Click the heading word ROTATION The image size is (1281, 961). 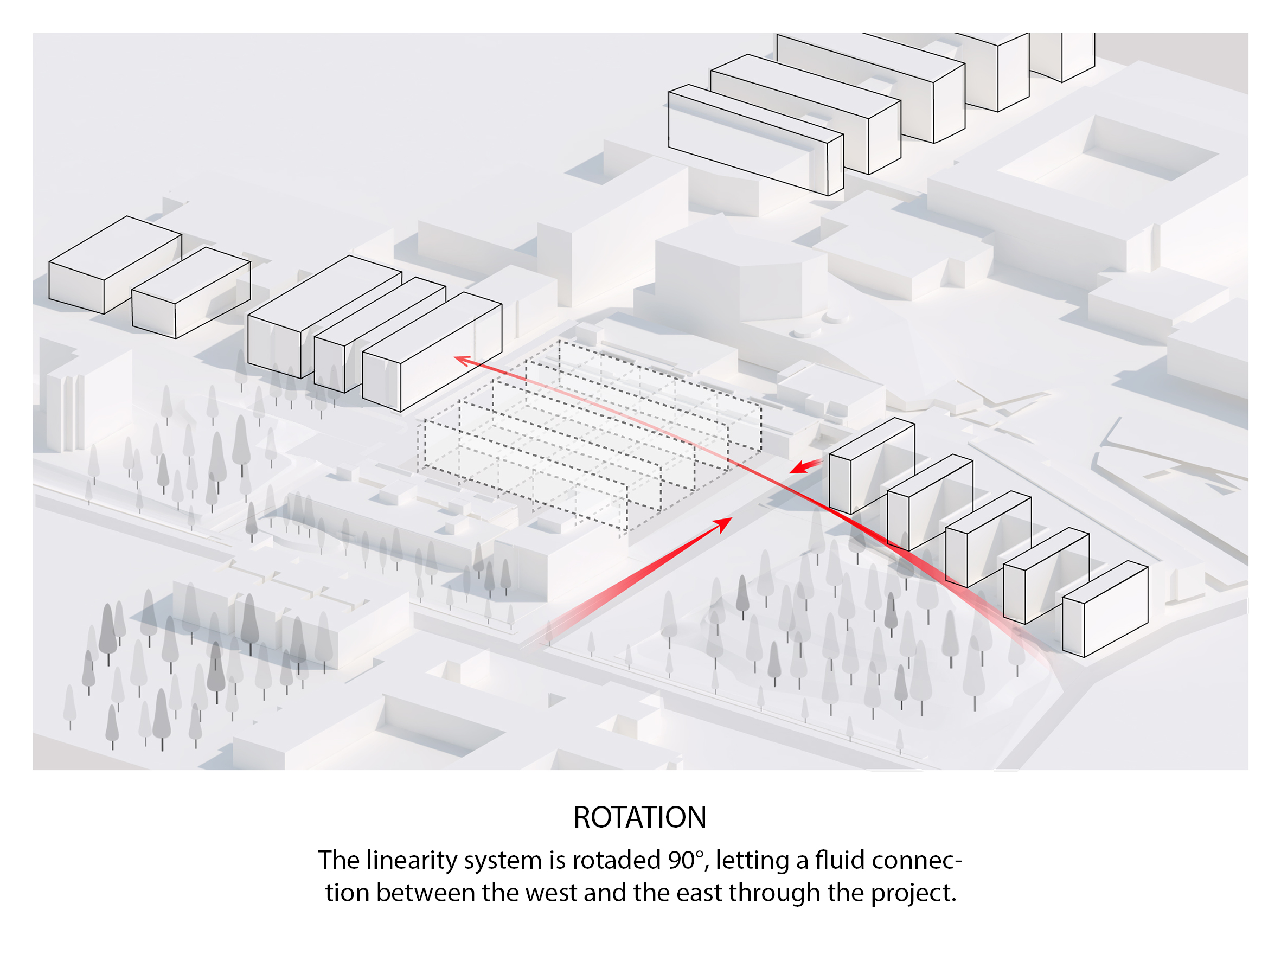pos(639,817)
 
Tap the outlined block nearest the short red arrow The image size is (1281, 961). pos(871,466)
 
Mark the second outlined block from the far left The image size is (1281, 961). pos(191,292)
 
